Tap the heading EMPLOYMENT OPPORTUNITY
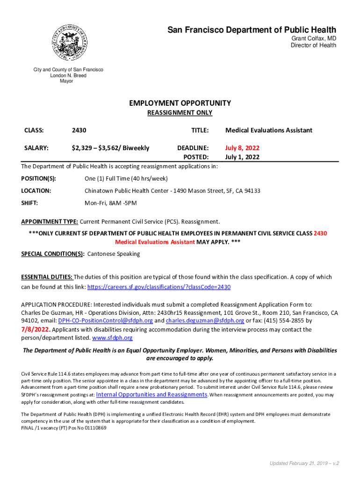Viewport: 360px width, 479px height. (x=180, y=103)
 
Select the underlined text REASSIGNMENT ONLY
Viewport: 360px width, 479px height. (x=180, y=113)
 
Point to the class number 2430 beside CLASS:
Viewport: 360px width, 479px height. (x=79, y=130)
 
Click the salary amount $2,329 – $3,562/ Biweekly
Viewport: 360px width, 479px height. (x=110, y=148)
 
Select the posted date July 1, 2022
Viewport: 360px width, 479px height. (x=242, y=157)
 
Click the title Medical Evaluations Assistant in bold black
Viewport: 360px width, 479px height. (x=268, y=130)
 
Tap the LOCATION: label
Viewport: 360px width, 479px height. (x=36, y=191)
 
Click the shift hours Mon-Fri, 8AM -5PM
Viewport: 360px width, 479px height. (x=111, y=203)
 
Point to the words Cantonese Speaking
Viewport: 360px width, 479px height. (x=114, y=254)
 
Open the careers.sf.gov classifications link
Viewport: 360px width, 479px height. (x=159, y=287)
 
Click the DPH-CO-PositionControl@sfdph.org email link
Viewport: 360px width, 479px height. (x=106, y=320)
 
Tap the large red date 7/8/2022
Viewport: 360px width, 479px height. (x=36, y=329)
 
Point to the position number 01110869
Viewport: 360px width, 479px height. (x=92, y=428)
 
